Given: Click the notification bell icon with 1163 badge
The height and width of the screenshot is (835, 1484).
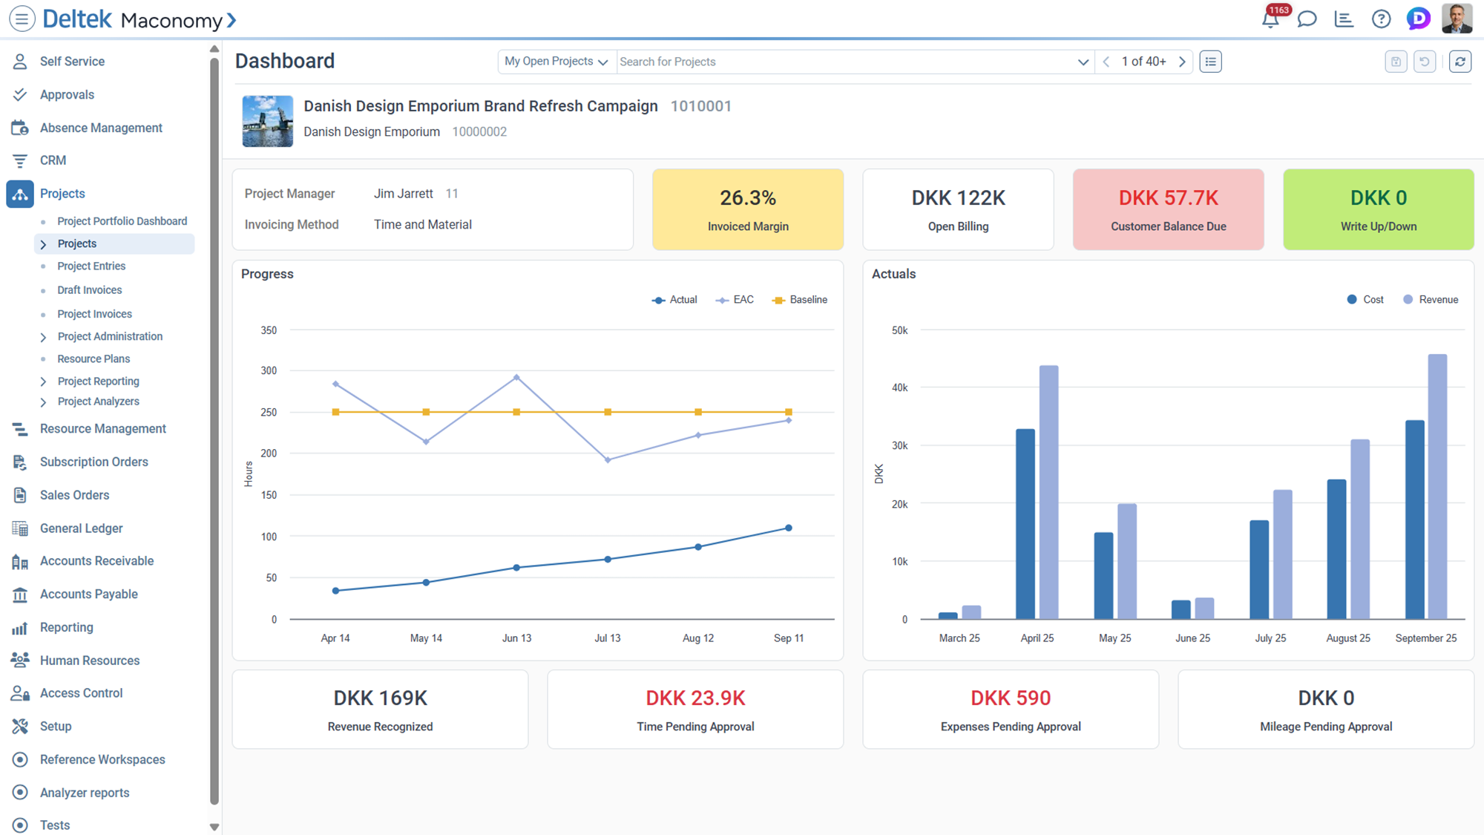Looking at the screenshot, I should pos(1270,19).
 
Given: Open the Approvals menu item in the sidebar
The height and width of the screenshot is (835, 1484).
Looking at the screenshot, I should pos(67,94).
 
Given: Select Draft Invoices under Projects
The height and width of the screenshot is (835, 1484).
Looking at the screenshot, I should pos(89,290).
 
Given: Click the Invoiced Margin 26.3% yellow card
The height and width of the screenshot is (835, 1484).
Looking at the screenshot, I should pos(747,209).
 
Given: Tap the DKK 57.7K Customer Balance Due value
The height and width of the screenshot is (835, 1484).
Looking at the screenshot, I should pos(1168,198).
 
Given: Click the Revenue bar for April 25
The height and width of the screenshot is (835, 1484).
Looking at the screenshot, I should pos(1048,490).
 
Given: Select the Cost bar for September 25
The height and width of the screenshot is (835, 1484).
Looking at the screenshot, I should pos(1414,520).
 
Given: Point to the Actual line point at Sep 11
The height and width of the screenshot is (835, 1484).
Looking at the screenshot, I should pos(788,528).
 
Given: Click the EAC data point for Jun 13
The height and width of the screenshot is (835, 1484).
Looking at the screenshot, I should pos(516,378).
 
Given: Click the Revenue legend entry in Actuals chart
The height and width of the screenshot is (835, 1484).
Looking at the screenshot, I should pos(1431,300).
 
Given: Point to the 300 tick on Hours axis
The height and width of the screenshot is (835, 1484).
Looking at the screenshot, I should pos(269,370).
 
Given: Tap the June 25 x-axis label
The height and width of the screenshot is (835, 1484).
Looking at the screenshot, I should pos(1192,638).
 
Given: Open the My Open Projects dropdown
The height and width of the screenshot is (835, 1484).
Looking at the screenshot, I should pos(556,62).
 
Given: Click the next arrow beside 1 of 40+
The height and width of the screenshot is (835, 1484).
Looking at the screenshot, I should pos(1182,62).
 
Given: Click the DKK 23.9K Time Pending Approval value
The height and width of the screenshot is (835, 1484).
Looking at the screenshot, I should pos(695,698).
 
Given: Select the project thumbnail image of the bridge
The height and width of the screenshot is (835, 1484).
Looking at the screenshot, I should pos(267,121).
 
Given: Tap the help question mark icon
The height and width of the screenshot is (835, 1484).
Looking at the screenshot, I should pos(1380,19).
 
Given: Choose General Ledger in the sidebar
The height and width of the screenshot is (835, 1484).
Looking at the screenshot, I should pos(81,528).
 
